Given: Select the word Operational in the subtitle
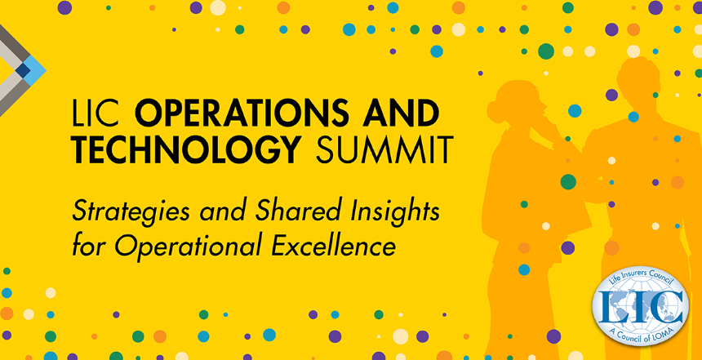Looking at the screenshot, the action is [x=185, y=246].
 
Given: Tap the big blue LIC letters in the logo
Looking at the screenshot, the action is [x=640, y=307].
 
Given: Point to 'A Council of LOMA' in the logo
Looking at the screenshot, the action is [x=641, y=335].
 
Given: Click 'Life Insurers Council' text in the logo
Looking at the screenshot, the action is [x=640, y=278].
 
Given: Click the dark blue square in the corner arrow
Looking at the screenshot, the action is [x=23, y=70].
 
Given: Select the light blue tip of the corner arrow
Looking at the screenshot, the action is [x=35, y=70].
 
